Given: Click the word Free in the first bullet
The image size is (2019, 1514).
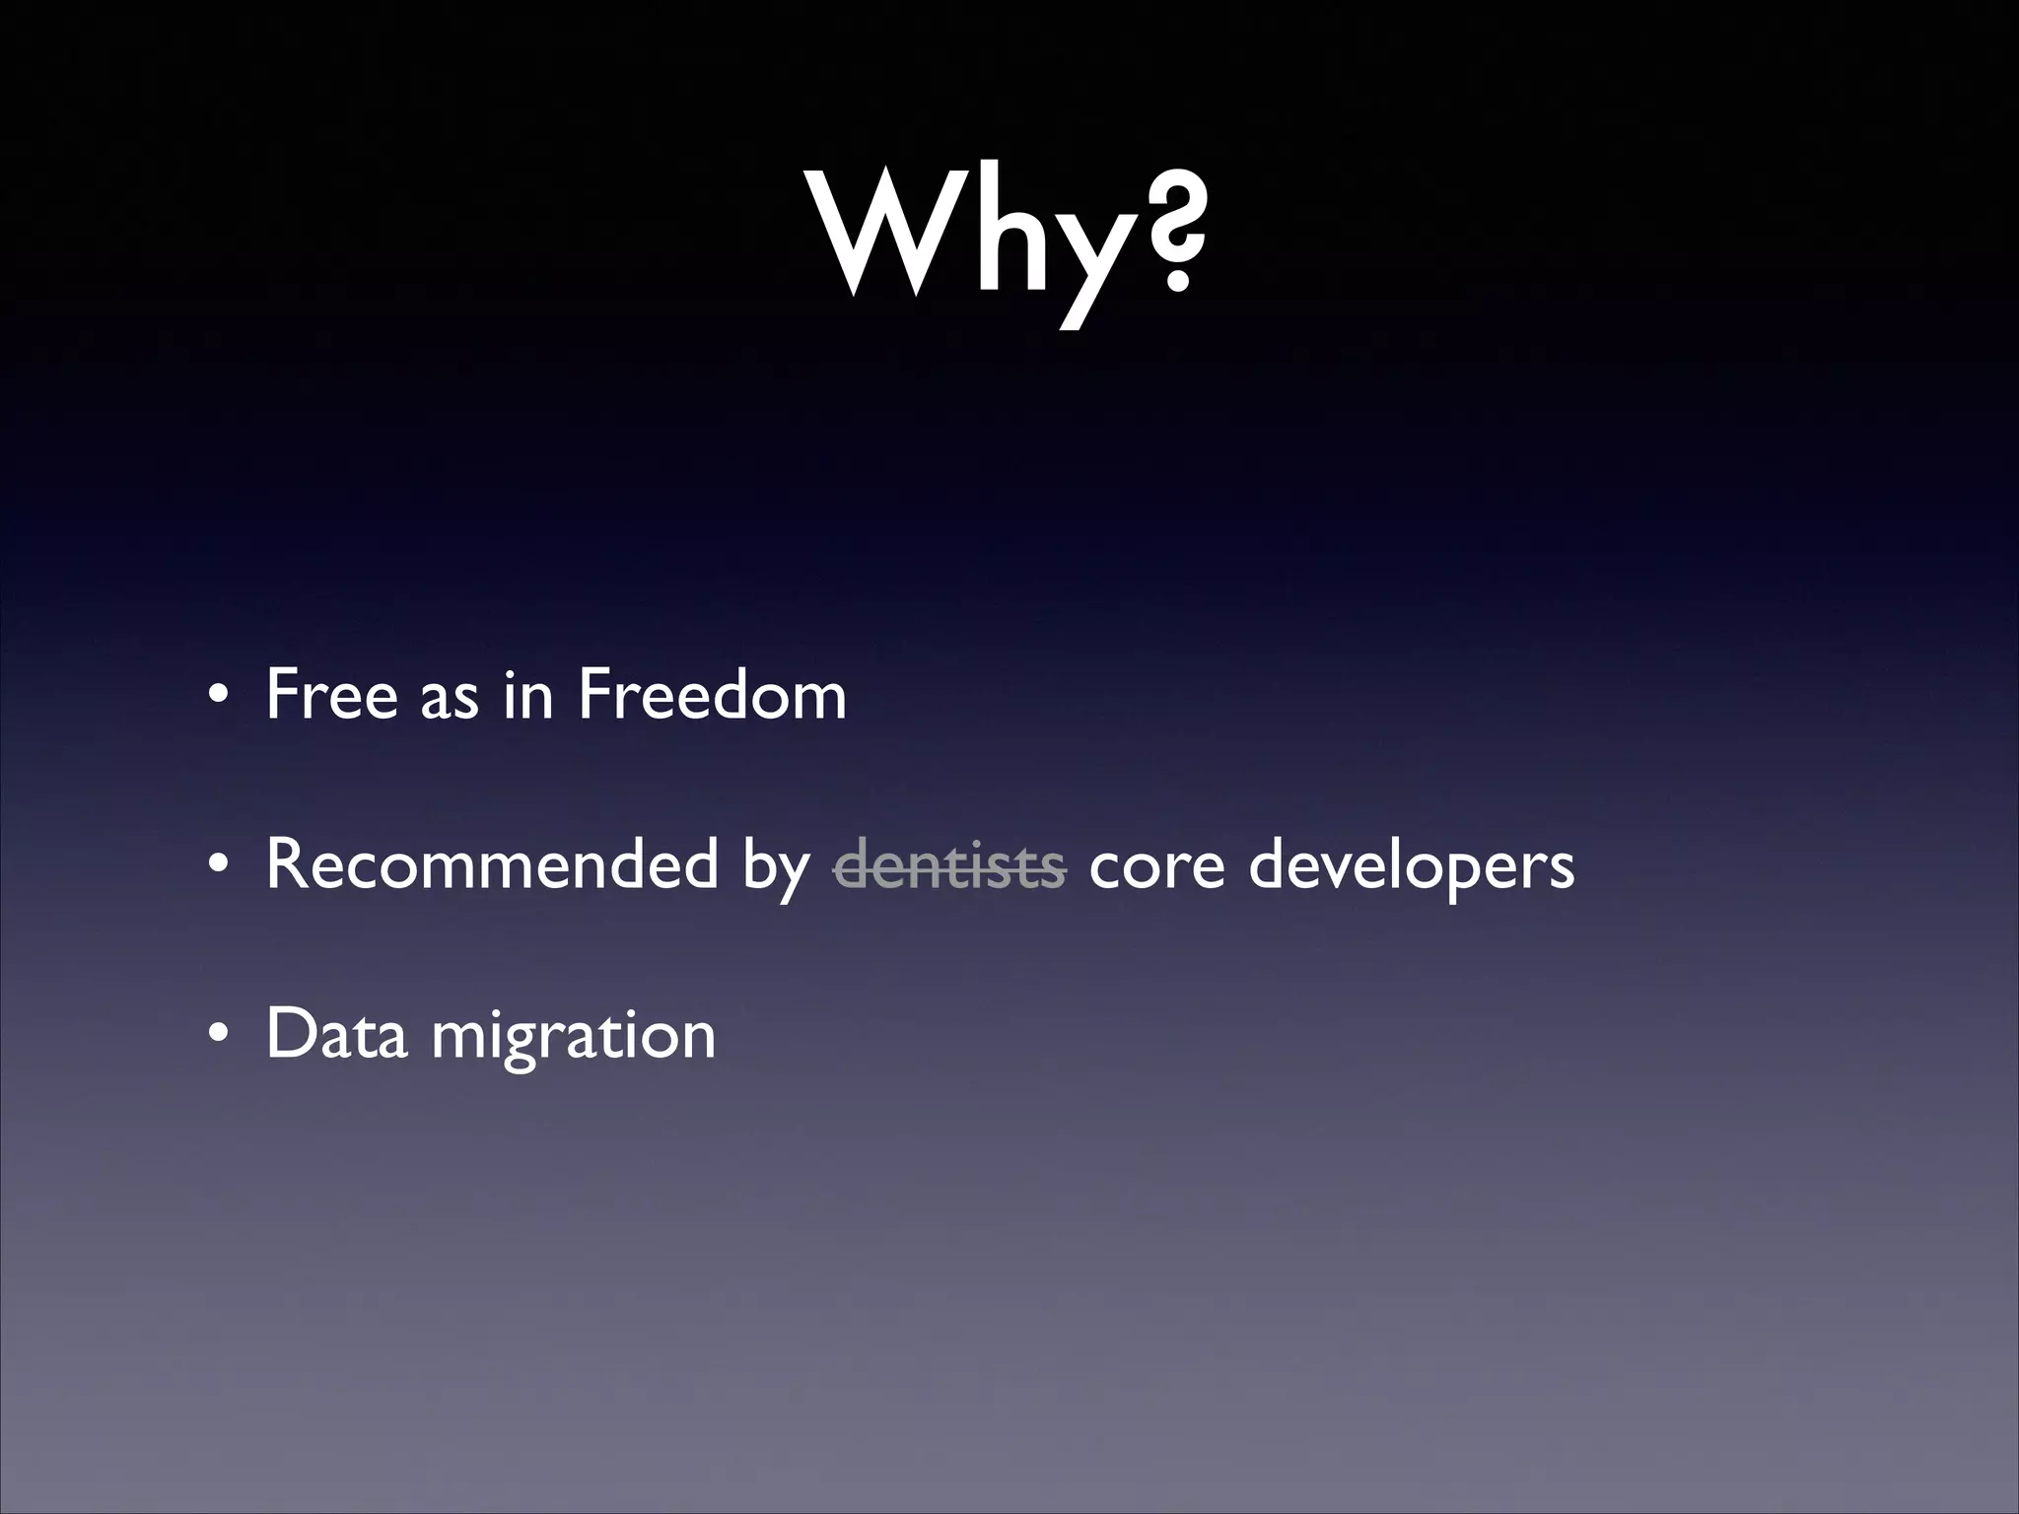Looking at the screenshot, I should pos(330,695).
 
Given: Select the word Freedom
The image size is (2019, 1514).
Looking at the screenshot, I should pos(712,695).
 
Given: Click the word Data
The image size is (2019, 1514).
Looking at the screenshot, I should pos(336,1034).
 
